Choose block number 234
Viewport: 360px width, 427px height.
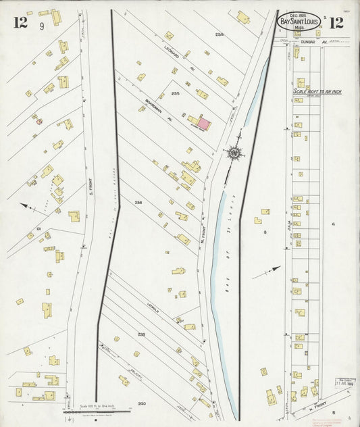(x=219, y=34)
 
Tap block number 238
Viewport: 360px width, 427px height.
(x=138, y=203)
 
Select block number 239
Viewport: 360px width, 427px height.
(x=141, y=334)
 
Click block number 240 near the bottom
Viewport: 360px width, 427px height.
(x=141, y=403)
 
